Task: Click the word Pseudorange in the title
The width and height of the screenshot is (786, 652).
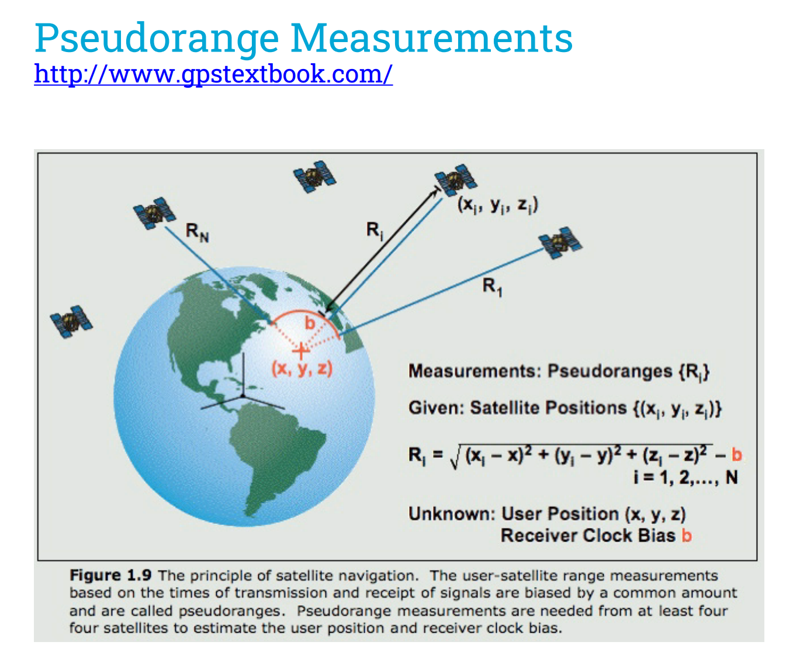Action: (157, 39)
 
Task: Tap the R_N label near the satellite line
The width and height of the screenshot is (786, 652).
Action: (198, 232)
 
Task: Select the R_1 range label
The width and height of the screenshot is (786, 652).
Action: (493, 287)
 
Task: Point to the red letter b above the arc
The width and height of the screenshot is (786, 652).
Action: (310, 323)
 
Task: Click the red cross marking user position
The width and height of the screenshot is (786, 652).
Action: (301, 351)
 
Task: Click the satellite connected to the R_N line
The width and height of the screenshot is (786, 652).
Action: (154, 213)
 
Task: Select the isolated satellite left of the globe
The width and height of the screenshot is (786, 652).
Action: (71, 321)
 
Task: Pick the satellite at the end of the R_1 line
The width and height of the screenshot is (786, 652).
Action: (560, 243)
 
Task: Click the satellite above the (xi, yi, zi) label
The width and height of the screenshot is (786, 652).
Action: (456, 180)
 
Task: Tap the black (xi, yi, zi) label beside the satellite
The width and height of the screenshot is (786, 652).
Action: (498, 206)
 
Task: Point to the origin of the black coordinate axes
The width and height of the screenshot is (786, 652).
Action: (243, 396)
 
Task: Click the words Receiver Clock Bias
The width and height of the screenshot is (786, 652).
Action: (588, 536)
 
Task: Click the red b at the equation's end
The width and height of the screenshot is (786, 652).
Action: (736, 455)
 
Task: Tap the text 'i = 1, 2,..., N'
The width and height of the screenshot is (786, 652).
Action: (685, 478)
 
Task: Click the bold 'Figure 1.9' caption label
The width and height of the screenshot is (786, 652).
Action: (110, 575)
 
